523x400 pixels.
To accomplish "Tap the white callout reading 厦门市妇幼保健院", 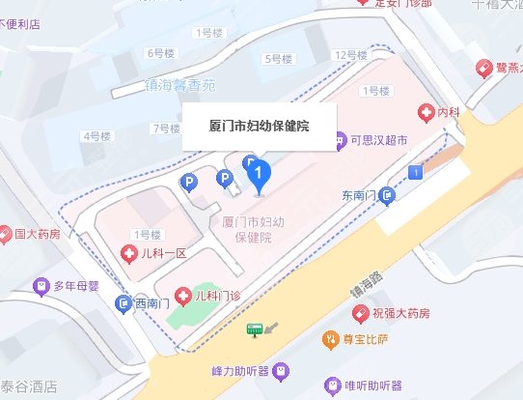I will click(x=260, y=127).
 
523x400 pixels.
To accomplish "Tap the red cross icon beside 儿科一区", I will click(x=127, y=254).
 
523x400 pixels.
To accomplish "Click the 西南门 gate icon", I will click(x=123, y=304).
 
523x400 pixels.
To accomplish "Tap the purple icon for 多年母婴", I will click(x=41, y=286).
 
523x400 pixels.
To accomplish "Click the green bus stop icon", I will click(x=255, y=329).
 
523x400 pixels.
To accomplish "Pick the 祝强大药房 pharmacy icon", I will click(x=393, y=313).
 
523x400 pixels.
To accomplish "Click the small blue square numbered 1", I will click(x=416, y=172).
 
